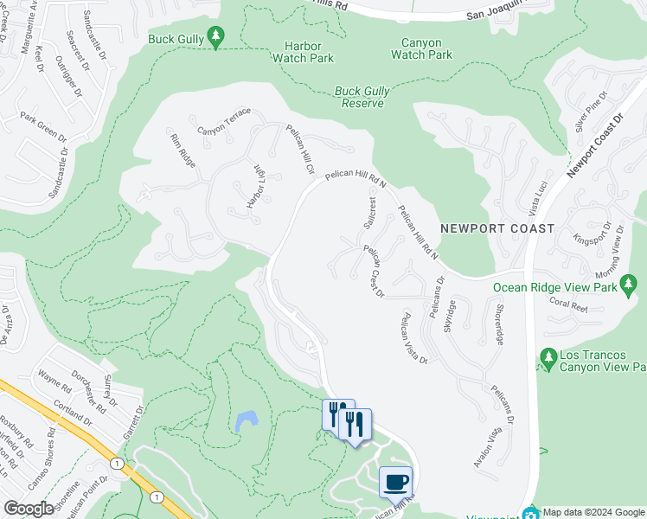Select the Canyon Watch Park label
421,48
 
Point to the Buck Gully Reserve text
359,96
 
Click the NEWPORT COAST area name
496,228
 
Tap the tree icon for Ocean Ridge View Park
629,283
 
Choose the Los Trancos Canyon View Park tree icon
547,356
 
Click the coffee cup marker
395,482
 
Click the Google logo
29,509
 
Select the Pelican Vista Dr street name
412,338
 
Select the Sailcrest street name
370,212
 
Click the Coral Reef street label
567,304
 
